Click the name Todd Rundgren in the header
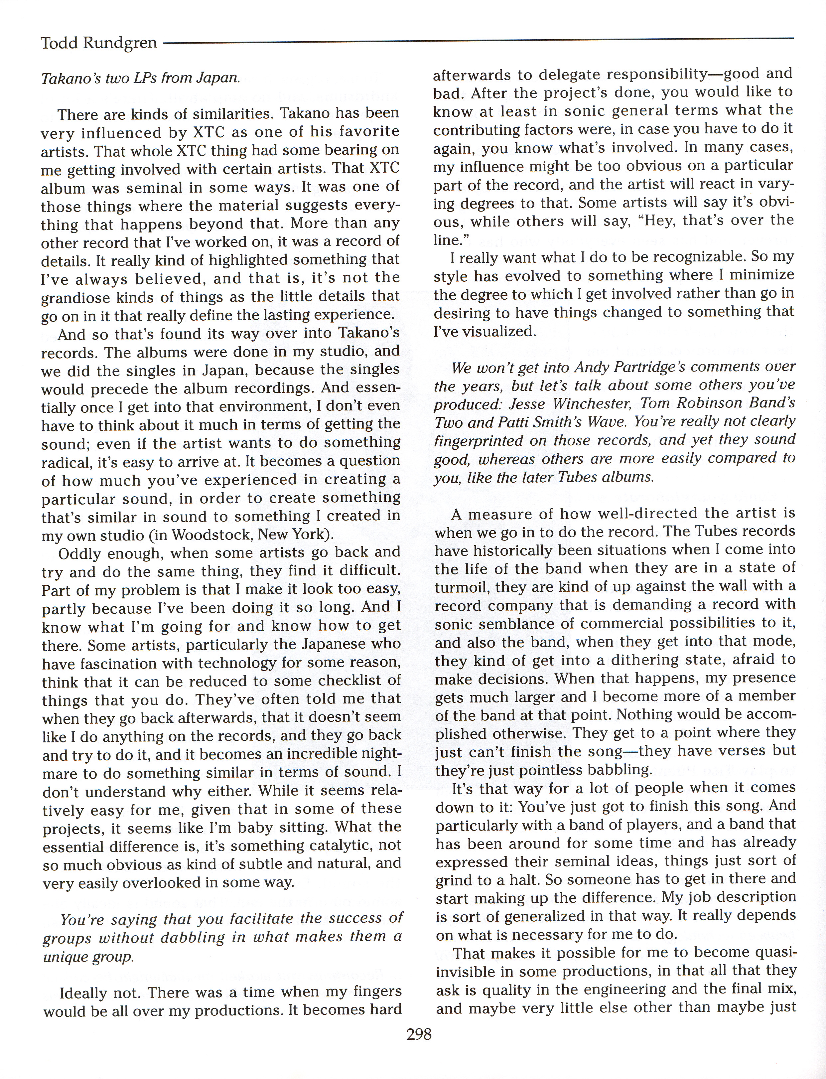pos(99,43)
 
